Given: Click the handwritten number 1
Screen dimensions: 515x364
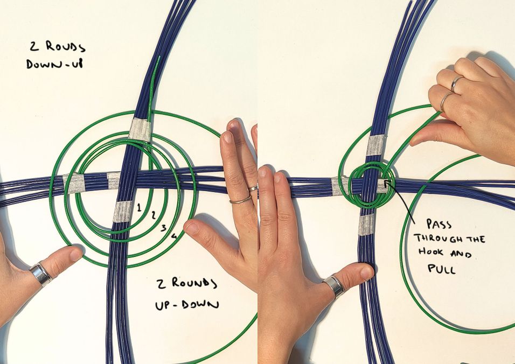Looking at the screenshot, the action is [139, 207].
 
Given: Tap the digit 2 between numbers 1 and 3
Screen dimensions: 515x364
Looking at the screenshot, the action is [153, 215].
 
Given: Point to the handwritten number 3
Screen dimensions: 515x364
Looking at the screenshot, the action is [164, 228].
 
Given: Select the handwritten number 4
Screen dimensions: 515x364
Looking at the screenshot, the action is [174, 236].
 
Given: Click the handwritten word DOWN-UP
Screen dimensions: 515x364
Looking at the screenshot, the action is [54, 64].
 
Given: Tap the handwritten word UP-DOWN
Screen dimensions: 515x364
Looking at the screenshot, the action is [187, 305].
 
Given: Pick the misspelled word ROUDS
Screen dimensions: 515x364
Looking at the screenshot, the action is [65, 47].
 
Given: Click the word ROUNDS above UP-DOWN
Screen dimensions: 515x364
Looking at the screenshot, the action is [194, 283].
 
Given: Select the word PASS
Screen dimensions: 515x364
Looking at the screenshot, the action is [439, 224].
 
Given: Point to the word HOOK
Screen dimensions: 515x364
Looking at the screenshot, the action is [431, 252].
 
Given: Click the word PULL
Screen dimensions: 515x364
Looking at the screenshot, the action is [442, 269].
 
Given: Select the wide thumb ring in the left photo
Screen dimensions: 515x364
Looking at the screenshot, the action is [41, 274].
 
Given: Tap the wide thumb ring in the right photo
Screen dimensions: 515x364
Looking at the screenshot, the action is [333, 287].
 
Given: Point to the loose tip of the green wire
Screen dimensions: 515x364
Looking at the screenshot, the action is [159, 57].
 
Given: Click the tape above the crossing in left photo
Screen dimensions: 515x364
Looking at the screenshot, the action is [140, 129].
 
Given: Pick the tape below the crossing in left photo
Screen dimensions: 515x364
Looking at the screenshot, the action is [123, 212].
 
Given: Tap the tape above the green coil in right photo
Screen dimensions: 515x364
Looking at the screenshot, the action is [375, 145].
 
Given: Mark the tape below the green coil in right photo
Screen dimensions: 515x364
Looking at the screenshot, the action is [366, 225].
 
